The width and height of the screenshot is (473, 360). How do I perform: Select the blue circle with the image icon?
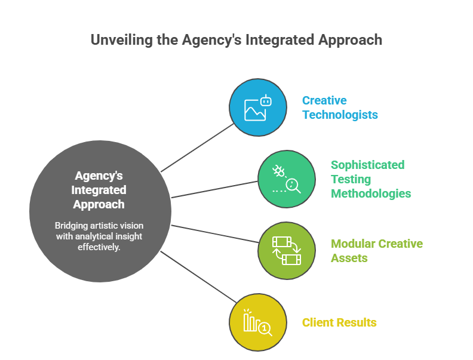pyautogui.click(x=258, y=108)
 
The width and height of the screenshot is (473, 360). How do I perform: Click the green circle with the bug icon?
pyautogui.click(x=287, y=179)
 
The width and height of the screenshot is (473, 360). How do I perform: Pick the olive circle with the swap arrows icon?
pyautogui.click(x=287, y=251)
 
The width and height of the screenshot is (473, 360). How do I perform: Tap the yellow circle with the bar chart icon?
pyautogui.click(x=258, y=322)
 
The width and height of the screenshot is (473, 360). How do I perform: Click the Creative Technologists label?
pyautogui.click(x=340, y=107)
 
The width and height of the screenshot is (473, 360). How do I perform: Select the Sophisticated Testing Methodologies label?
pyautogui.click(x=370, y=179)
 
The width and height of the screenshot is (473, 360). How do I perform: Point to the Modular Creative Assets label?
pyautogui.click(x=376, y=251)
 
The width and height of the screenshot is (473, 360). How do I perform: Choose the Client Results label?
pyautogui.click(x=339, y=322)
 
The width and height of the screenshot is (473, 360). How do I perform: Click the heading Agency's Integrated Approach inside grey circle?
pyautogui.click(x=99, y=190)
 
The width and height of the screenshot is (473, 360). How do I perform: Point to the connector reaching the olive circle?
pyautogui.click(x=215, y=233)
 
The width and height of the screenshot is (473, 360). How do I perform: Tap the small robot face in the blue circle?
pyautogui.click(x=266, y=101)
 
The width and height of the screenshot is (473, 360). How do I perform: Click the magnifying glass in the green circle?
pyautogui.click(x=293, y=186)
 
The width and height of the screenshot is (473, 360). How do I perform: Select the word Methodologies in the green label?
pyautogui.click(x=371, y=193)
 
